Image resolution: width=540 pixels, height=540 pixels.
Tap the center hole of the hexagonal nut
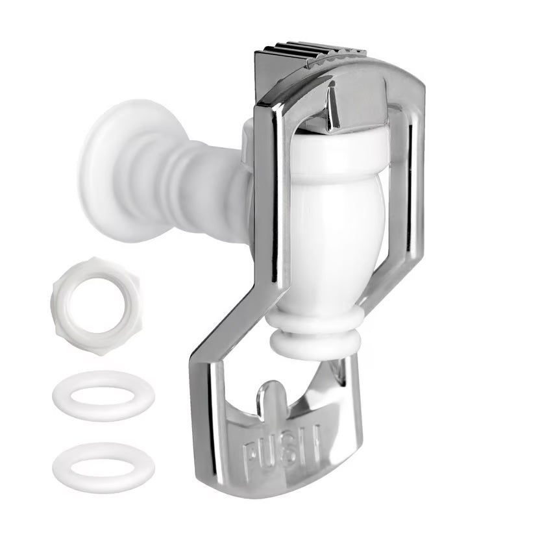point(97,306)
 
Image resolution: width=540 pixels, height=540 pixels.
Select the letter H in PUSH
point(311,443)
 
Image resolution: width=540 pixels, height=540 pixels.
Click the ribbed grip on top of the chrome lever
point(310,53)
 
